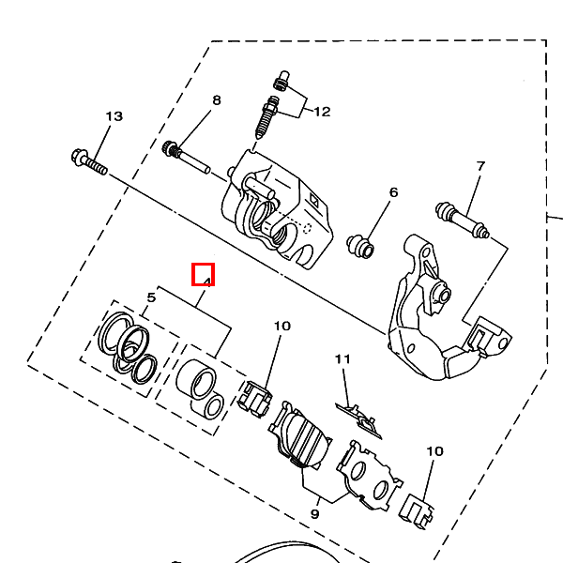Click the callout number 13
114,116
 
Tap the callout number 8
217,100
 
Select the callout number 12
322,112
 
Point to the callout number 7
480,166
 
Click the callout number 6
393,192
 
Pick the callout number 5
151,297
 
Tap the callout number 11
342,359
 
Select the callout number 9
314,514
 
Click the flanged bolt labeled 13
89,162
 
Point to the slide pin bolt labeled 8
186,158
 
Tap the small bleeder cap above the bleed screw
281,81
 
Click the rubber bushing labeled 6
360,246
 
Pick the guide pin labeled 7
462,220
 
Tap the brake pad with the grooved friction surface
299,438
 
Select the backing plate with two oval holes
369,475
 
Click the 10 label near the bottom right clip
434,451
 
